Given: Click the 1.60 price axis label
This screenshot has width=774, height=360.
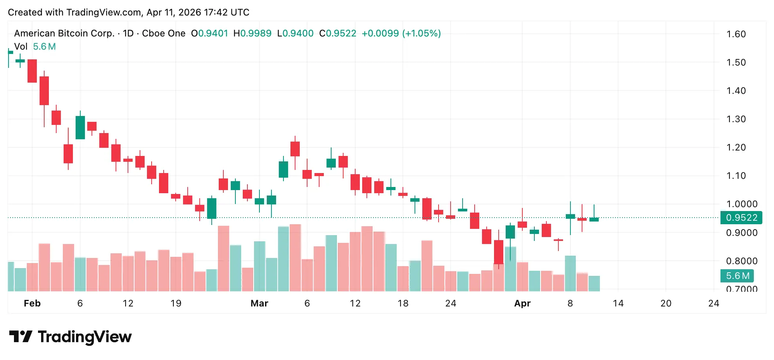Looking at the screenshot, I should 736,34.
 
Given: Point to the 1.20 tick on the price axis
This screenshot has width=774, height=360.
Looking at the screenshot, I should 736,147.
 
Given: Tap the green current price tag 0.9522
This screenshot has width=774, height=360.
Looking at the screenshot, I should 741,218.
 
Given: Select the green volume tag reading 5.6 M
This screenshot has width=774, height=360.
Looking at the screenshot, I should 737,276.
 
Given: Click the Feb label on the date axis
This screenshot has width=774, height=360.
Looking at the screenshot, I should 32,303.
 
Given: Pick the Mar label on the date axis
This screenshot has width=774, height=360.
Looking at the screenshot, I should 259,303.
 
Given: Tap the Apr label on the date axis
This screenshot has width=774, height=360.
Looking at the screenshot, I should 522,303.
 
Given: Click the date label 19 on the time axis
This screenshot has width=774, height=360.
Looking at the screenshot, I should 176,303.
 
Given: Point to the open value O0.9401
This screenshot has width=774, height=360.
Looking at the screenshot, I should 209,33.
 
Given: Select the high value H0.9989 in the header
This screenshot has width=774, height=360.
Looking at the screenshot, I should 252,33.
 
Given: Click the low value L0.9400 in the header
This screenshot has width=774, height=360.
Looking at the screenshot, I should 295,33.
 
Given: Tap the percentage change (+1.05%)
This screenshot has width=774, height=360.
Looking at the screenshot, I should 422,33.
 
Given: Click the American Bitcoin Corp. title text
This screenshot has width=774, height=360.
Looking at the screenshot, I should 64,33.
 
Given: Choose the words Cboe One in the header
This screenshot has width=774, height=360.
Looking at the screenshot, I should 164,33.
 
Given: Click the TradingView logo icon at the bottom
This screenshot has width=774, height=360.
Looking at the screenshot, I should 20,336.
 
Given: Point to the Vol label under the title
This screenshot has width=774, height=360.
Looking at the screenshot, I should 21,47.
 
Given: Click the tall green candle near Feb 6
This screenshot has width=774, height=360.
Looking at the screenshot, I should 80,127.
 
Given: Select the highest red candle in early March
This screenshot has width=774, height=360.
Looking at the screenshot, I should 295,149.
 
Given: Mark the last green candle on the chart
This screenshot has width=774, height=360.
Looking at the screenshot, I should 594,220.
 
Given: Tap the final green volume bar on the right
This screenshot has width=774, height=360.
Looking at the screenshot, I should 594,283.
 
